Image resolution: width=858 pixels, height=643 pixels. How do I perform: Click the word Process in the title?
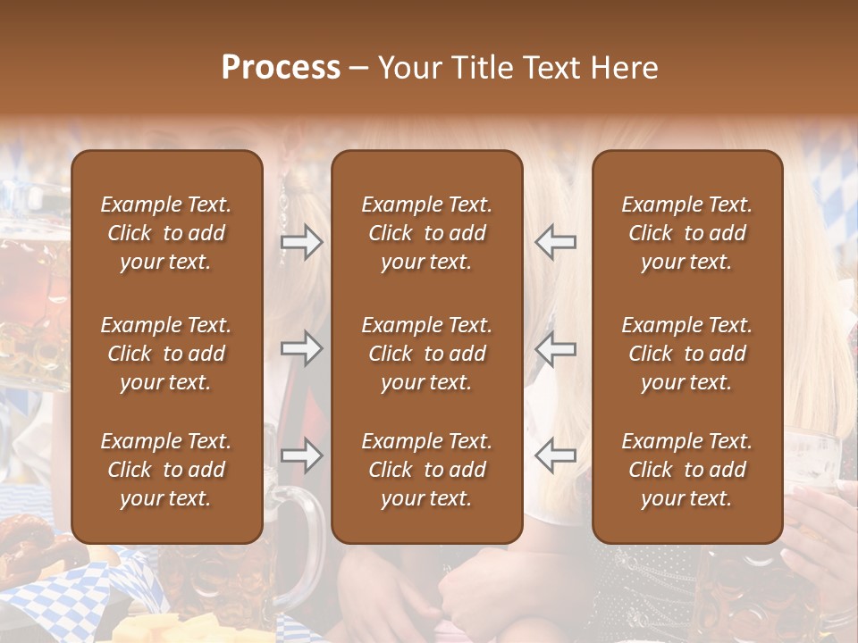click(281, 68)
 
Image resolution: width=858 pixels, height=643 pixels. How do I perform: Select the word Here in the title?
click(625, 68)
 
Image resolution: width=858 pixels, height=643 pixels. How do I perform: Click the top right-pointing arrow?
click(301, 242)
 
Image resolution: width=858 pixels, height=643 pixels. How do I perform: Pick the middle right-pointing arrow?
click(301, 348)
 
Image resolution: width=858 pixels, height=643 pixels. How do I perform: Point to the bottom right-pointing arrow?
click(301, 455)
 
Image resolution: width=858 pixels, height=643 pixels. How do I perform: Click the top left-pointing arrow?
click(555, 242)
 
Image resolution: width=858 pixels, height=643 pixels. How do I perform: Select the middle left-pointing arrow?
click(555, 348)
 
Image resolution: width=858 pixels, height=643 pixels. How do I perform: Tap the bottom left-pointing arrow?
click(555, 455)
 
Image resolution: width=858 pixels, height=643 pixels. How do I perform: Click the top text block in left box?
click(166, 233)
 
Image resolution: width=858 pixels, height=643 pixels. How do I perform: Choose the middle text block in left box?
click(166, 354)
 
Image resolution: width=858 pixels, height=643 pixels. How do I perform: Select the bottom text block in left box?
click(166, 470)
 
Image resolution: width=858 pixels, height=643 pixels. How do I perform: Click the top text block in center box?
click(427, 233)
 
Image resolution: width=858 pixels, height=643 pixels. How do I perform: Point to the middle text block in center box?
click(427, 354)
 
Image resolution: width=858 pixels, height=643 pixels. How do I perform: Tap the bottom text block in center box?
click(427, 470)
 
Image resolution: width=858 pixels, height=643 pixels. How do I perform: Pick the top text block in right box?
click(687, 233)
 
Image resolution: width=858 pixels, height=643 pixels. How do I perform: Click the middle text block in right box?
click(687, 354)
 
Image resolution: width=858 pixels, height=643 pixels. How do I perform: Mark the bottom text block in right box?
click(687, 470)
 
